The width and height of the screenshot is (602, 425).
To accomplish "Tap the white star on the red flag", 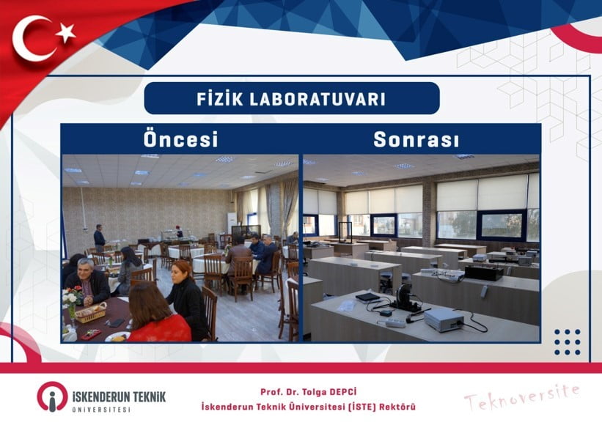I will (65, 32).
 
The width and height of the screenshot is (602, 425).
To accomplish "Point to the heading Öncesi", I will (180, 139).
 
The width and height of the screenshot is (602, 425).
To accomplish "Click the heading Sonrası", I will (416, 139).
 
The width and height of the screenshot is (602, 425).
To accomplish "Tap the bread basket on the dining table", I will (89, 313).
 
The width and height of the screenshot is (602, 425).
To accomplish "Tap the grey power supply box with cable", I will (445, 319).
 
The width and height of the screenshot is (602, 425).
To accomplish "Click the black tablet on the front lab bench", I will (367, 297).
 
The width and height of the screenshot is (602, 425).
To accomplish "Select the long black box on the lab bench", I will (484, 272).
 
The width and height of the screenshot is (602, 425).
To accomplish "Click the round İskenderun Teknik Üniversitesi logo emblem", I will (52, 396).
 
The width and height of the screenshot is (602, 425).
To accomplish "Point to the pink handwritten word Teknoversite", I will (521, 397).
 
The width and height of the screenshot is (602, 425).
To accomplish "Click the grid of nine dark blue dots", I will (567, 341).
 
